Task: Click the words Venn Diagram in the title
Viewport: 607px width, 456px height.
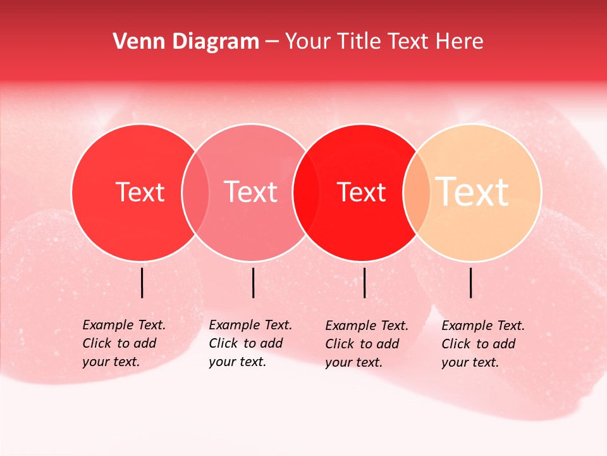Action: click(186, 42)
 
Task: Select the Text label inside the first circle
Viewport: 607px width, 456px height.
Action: click(140, 192)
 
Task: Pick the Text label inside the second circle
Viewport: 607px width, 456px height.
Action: click(251, 192)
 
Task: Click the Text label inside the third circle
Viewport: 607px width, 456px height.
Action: click(362, 192)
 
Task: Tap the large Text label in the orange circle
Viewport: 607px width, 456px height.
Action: click(472, 192)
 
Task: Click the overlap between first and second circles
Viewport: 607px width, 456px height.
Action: click(195, 192)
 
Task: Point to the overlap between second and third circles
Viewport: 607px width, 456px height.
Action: click(306, 192)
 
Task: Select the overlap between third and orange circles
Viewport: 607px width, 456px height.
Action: click(417, 192)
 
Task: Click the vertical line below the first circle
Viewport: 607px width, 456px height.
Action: click(142, 282)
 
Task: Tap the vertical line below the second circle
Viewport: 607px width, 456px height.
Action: click(253, 282)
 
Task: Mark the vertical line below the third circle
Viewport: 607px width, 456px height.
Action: click(364, 282)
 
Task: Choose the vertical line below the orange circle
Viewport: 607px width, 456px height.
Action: click(471, 282)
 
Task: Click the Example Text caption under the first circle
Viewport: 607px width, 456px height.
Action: click(124, 343)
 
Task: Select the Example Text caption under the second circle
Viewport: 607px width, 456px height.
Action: click(250, 343)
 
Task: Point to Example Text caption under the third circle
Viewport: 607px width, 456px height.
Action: click(367, 344)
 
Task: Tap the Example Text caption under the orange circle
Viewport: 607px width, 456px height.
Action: click(483, 344)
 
